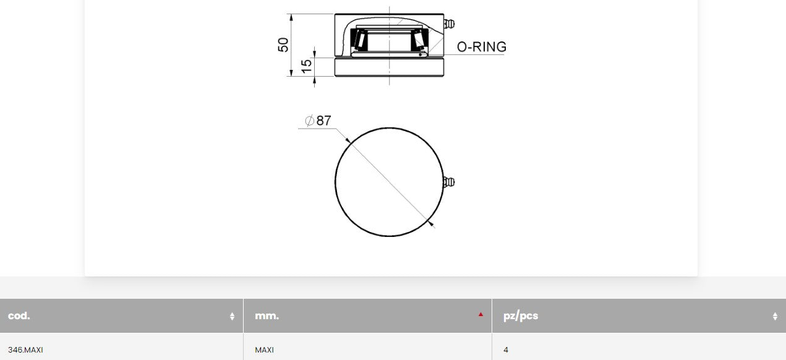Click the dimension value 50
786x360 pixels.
coord(283,45)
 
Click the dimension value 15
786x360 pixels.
coord(306,66)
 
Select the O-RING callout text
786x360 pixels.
coord(481,47)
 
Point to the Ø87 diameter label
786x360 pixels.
coord(318,121)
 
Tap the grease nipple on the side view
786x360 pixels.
coord(450,24)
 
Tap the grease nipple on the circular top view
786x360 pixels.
coord(450,181)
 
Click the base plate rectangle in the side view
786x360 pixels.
coord(389,67)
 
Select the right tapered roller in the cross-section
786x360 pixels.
coord(421,40)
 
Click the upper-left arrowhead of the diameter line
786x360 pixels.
coord(348,140)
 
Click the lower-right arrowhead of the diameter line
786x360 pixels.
coord(430,222)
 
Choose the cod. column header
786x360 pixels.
coord(19,316)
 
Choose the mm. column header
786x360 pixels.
coord(267,316)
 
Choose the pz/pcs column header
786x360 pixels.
coord(521,316)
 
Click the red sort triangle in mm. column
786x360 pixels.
coord(481,314)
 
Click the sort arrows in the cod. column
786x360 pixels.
coord(232,316)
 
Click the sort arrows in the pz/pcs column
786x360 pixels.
coord(775,316)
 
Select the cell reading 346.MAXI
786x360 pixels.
coord(25,350)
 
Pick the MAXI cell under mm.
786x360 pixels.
coord(264,350)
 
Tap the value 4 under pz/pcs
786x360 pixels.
coord(506,350)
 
